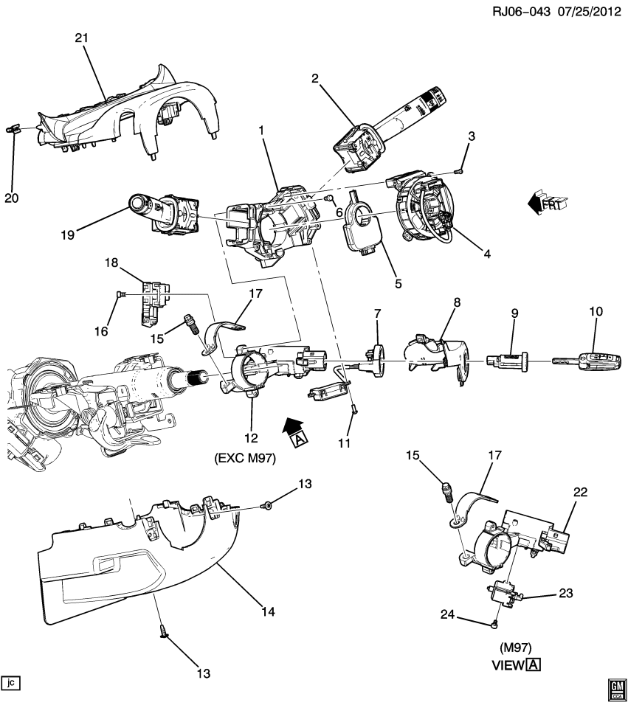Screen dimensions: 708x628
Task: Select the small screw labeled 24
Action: [493, 624]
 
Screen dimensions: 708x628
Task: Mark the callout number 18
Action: [111, 263]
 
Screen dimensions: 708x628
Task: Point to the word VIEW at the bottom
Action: [508, 664]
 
